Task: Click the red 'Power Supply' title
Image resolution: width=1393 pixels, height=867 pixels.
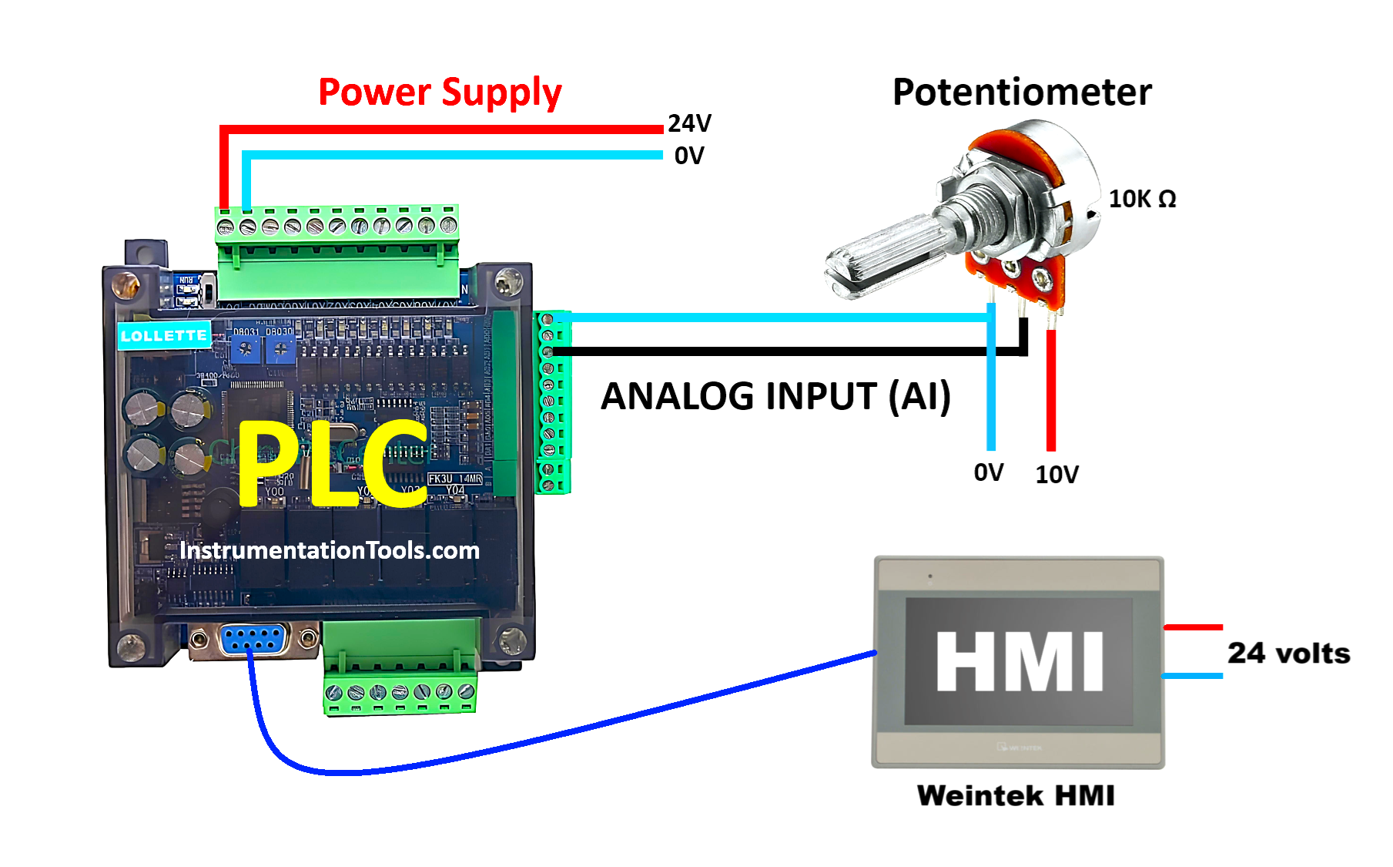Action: (x=440, y=92)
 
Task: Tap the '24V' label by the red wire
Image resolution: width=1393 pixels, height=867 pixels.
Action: (x=689, y=123)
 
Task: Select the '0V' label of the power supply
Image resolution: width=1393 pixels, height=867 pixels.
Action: (x=689, y=156)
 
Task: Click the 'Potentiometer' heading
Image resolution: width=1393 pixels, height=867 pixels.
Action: (x=1022, y=92)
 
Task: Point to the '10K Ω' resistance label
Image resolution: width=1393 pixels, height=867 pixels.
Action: (x=1142, y=199)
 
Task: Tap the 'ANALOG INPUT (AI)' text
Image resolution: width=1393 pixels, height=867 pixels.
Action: (x=775, y=396)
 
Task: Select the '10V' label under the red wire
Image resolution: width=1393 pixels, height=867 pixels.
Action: (x=1056, y=475)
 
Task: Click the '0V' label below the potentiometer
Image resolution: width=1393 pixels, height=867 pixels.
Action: (x=989, y=472)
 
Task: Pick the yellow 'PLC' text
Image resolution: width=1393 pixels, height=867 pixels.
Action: (x=333, y=464)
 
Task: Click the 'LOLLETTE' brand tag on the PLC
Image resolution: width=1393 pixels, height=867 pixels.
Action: (x=164, y=336)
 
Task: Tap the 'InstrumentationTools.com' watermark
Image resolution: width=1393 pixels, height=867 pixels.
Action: (x=330, y=550)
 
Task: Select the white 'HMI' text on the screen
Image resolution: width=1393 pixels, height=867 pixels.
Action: (x=1020, y=661)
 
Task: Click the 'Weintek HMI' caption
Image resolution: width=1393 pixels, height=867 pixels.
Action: (x=1016, y=795)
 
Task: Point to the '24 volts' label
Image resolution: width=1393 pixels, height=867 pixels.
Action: (x=1288, y=654)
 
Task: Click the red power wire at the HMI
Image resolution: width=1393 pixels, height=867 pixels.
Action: (x=1193, y=627)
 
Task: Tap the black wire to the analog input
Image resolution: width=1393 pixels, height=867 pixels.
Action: (x=770, y=351)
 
